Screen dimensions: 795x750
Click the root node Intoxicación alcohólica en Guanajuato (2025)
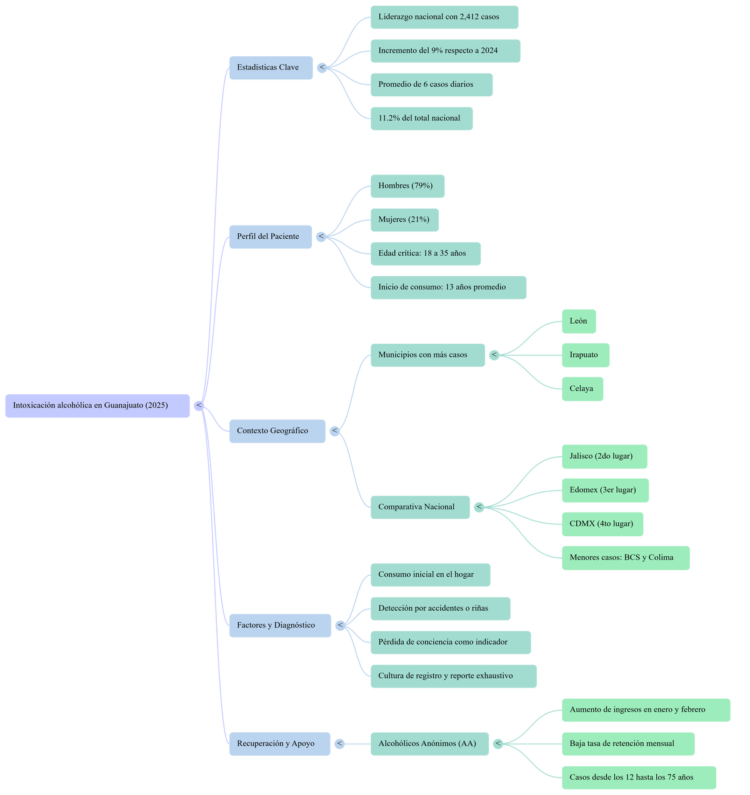(x=97, y=406)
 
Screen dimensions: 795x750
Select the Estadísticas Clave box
(x=270, y=67)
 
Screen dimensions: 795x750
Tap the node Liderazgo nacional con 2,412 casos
(x=444, y=17)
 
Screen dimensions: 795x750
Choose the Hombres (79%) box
(x=407, y=186)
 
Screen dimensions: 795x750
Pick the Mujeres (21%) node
(x=404, y=220)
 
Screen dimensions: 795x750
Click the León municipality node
(x=579, y=321)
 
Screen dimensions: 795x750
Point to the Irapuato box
(x=585, y=355)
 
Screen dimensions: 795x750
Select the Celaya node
(x=582, y=389)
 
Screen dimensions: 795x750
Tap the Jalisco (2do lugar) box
(x=604, y=456)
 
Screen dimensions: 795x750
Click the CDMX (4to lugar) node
(x=602, y=524)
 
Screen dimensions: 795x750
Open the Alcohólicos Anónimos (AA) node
(x=429, y=744)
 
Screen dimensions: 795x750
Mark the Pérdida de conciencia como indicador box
(x=450, y=642)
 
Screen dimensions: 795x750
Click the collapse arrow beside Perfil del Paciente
(x=321, y=237)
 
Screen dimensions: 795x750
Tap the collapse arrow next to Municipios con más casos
(x=494, y=355)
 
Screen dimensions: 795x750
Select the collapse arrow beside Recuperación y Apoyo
(x=339, y=744)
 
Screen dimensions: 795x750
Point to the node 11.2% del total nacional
(x=421, y=118)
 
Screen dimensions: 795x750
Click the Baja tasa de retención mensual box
(x=627, y=744)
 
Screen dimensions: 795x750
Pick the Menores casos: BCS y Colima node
(x=625, y=557)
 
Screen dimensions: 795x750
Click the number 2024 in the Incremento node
(x=489, y=51)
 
